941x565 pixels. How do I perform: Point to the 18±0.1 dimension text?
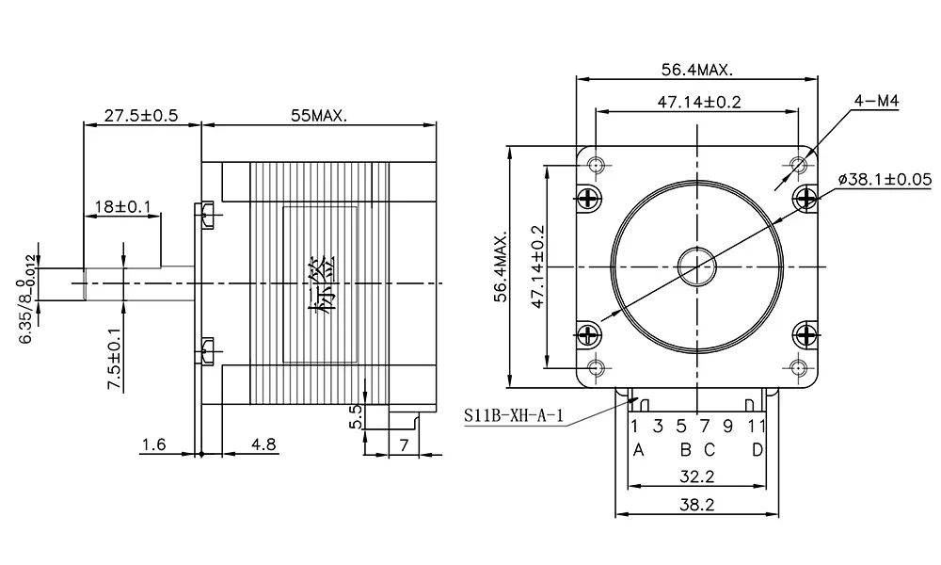121,206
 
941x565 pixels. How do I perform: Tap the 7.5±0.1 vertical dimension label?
114,359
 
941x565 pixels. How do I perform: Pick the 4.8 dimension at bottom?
263,444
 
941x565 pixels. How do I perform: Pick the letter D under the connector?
758,449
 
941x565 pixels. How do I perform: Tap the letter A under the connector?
637,449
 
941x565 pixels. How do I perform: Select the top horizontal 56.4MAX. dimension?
696,70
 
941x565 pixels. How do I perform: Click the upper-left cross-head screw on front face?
589,198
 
